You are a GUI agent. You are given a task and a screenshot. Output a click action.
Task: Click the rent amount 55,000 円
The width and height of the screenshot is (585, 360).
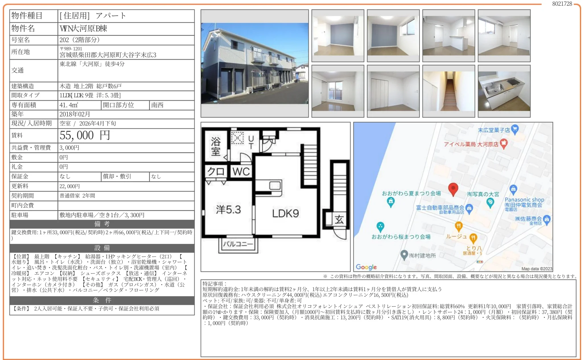[85, 135]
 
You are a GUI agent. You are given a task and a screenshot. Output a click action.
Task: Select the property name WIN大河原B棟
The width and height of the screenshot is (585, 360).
[83, 28]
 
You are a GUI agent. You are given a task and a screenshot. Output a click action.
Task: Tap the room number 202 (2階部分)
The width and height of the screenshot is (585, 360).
[80, 40]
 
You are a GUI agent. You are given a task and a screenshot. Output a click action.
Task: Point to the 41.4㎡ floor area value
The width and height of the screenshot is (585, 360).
[69, 105]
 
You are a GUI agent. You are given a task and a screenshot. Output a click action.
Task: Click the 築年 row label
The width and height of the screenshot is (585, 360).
[17, 114]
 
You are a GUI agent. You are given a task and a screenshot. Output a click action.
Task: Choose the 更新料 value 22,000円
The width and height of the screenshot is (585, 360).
[69, 186]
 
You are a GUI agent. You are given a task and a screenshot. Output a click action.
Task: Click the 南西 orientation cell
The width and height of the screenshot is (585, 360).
[157, 105]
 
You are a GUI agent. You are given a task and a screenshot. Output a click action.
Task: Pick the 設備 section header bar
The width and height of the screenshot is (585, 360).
[102, 248]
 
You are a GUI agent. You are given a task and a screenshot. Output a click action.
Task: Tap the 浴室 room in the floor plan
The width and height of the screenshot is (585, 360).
[216, 146]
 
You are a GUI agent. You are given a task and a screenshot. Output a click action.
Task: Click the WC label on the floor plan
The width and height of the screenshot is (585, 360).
[241, 172]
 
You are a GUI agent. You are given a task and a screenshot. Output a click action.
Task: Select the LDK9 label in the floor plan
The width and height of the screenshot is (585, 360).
[285, 213]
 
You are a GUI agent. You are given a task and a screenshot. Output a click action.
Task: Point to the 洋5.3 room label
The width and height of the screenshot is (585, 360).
[228, 210]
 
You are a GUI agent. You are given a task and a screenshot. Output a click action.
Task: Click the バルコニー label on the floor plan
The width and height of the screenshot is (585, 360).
[238, 244]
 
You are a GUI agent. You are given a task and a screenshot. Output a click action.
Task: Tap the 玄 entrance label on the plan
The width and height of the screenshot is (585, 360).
[339, 219]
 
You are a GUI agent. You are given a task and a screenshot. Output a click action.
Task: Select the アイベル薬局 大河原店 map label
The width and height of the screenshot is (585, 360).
[471, 144]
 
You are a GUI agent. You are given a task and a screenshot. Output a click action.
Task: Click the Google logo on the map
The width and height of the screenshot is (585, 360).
[366, 267]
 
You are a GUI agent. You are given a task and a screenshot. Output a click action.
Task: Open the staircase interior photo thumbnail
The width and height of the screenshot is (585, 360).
[449, 91]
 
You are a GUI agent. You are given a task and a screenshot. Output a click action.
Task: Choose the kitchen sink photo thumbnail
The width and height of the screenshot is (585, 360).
[504, 91]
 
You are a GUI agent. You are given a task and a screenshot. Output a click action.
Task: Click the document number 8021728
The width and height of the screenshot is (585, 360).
[562, 4]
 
